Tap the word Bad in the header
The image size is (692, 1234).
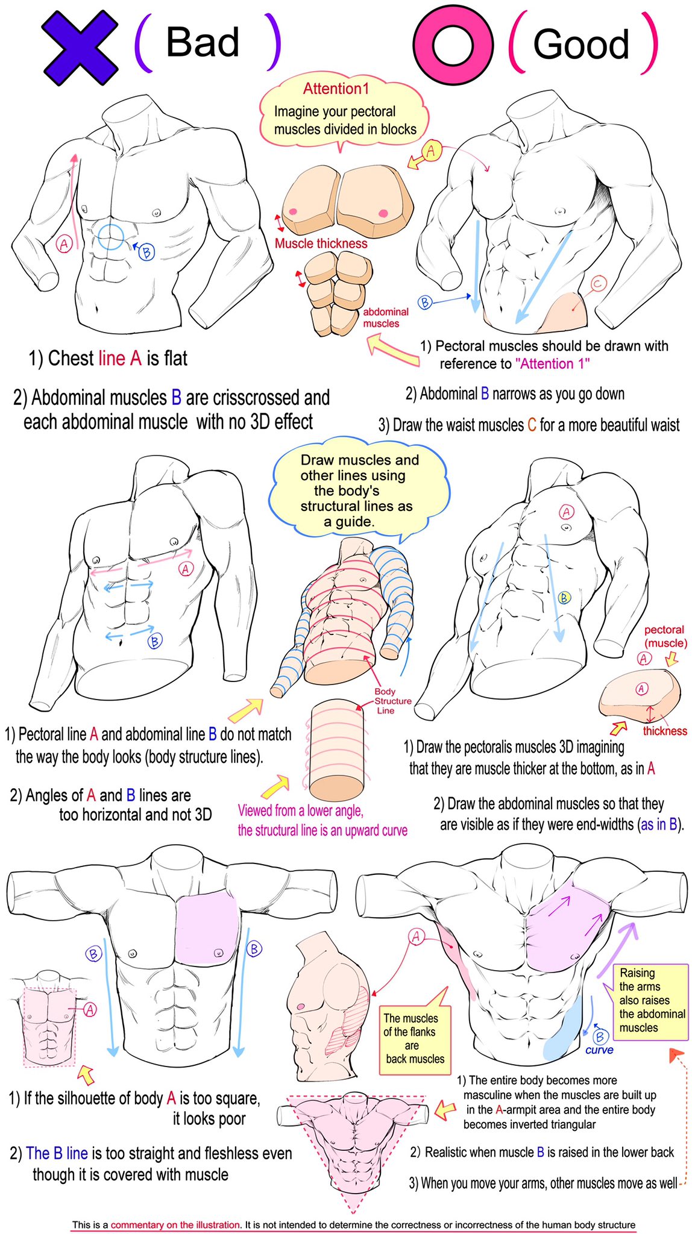[x=203, y=42]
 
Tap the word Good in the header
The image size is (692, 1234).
[x=581, y=44]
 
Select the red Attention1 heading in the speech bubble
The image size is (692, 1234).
[x=336, y=89]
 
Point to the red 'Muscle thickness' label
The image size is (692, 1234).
[x=321, y=243]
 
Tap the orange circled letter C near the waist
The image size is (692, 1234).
[x=597, y=284]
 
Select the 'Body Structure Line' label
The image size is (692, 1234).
[x=392, y=701]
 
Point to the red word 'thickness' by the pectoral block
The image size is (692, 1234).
[x=664, y=731]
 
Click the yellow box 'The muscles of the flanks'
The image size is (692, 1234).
[x=414, y=1038]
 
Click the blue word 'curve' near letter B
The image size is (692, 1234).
[x=599, y=1050]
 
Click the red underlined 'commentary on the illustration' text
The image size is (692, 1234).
[x=175, y=1224]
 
